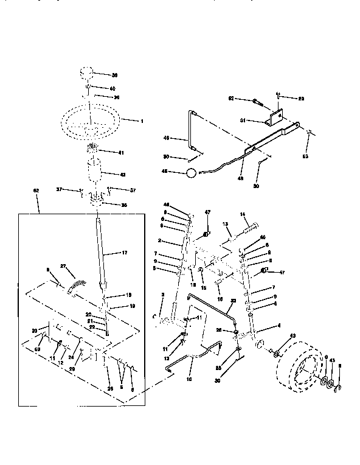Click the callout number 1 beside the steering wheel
click(x=142, y=122)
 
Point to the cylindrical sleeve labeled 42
click(x=96, y=172)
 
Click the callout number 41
click(x=120, y=152)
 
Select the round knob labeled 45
click(x=192, y=173)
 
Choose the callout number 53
click(x=306, y=156)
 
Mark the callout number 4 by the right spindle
click(x=279, y=326)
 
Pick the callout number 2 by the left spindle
click(x=159, y=241)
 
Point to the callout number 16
click(x=220, y=299)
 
